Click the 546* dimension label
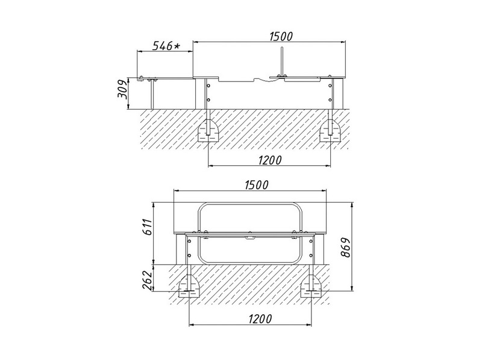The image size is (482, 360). coord(166,46)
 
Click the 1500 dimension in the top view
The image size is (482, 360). coord(281,36)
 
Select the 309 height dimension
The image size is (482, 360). coord(122,89)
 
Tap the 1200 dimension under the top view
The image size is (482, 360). coord(269,160)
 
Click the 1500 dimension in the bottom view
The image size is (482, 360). coord(257,185)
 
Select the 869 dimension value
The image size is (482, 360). coord(345,247)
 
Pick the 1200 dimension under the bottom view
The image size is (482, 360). coord(260,319)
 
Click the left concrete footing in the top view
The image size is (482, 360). coord(208,131)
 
